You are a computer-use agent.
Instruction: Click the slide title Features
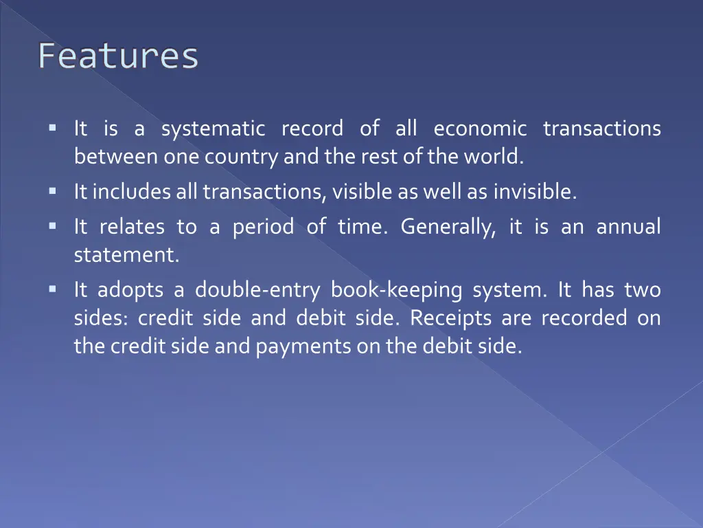(x=118, y=56)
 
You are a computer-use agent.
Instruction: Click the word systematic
(x=213, y=129)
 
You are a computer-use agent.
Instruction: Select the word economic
(x=480, y=129)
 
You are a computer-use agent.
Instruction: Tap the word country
(x=240, y=157)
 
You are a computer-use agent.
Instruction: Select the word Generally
(x=448, y=226)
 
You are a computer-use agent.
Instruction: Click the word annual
(x=628, y=226)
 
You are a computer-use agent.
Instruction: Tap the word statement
(x=126, y=255)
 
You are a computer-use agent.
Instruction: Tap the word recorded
(x=584, y=318)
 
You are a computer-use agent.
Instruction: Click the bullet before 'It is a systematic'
(x=52, y=128)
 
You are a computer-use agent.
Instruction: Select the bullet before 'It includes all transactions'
(x=52, y=191)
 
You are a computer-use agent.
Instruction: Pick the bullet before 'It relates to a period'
(x=52, y=225)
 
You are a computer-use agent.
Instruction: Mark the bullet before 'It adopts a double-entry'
(x=52, y=289)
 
